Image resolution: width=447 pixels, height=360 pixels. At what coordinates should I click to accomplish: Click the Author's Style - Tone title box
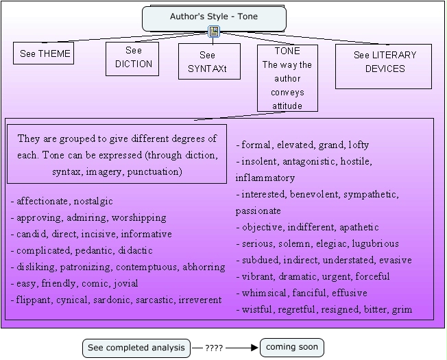click(214, 17)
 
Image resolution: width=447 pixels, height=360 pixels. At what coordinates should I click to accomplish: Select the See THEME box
click(43, 53)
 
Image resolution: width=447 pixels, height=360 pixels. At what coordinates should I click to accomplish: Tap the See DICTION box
click(132, 59)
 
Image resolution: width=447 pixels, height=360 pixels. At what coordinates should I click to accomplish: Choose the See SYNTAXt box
click(209, 62)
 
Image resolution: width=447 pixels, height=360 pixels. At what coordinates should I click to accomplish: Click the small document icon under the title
click(214, 32)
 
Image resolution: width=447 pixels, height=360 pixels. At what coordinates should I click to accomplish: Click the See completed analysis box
click(136, 348)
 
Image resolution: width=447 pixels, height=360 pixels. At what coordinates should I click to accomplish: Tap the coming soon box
click(291, 348)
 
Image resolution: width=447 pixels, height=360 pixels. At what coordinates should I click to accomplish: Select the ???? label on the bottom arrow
click(214, 348)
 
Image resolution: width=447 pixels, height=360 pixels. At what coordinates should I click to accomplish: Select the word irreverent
click(198, 300)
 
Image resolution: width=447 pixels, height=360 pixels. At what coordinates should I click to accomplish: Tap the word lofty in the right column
click(359, 145)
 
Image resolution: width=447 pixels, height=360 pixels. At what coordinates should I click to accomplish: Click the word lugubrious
click(376, 244)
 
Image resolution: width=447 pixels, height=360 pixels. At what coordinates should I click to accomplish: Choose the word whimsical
click(264, 293)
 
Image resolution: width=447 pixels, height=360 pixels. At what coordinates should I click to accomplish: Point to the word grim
click(402, 310)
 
